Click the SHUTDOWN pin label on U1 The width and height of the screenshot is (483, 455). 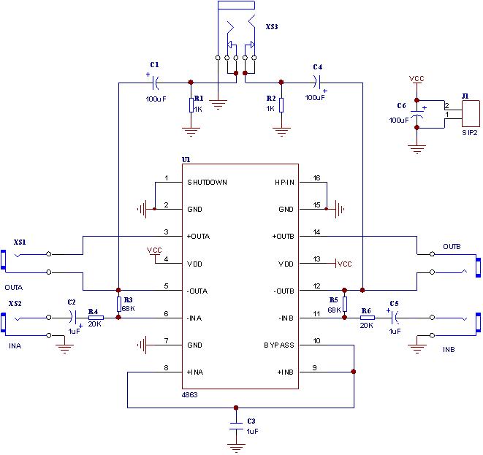point(207,182)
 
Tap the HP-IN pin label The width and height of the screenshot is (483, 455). point(284,182)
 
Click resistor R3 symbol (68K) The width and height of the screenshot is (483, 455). point(118,303)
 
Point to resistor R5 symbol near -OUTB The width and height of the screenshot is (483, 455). point(344,303)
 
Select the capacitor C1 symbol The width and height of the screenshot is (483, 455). point(154,81)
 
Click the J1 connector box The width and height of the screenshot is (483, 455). point(470,111)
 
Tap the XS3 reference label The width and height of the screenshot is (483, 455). point(273,27)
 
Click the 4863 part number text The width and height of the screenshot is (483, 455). point(190,394)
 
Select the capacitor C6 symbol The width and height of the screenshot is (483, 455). point(417,115)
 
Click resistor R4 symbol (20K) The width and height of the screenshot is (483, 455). point(96,318)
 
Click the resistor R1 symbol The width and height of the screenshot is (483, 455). point(191,107)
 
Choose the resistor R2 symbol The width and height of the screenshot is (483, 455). point(281,107)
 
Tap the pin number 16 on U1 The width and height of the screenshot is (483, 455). point(317,177)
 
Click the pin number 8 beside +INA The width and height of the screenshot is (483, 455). point(167,367)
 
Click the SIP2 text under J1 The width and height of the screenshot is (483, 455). point(469,133)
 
